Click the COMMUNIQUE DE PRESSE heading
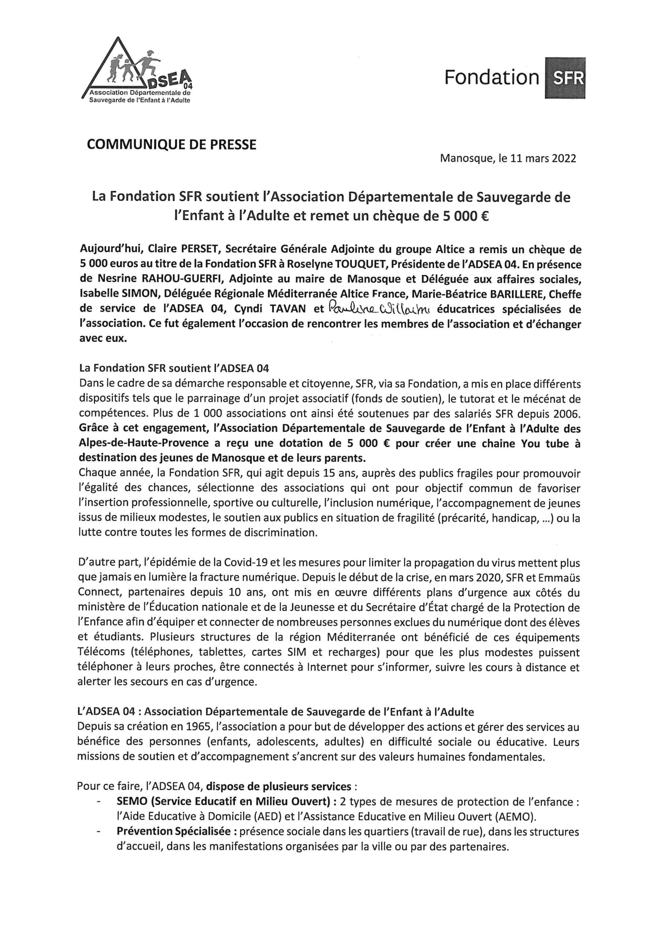(x=172, y=145)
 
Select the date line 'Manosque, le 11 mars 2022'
(x=508, y=159)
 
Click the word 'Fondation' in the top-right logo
(x=492, y=78)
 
